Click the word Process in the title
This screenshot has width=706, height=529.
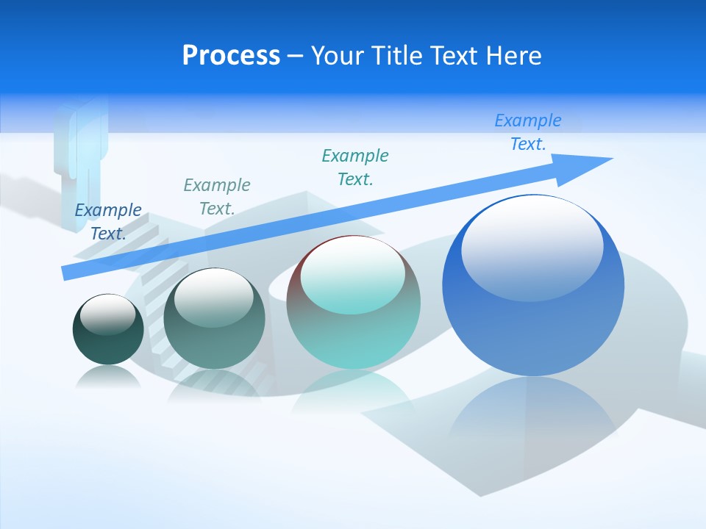pyautogui.click(x=231, y=56)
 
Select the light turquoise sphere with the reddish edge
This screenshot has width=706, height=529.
pyautogui.click(x=353, y=331)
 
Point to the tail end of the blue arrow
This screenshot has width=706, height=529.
pyautogui.click(x=68, y=273)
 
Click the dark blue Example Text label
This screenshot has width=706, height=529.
pyautogui.click(x=108, y=221)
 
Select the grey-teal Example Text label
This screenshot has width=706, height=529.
pyautogui.click(x=216, y=196)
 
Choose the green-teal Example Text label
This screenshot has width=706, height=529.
pyautogui.click(x=355, y=167)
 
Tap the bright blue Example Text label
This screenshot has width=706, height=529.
pyautogui.click(x=528, y=132)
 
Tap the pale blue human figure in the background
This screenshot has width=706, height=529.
pyautogui.click(x=80, y=154)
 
